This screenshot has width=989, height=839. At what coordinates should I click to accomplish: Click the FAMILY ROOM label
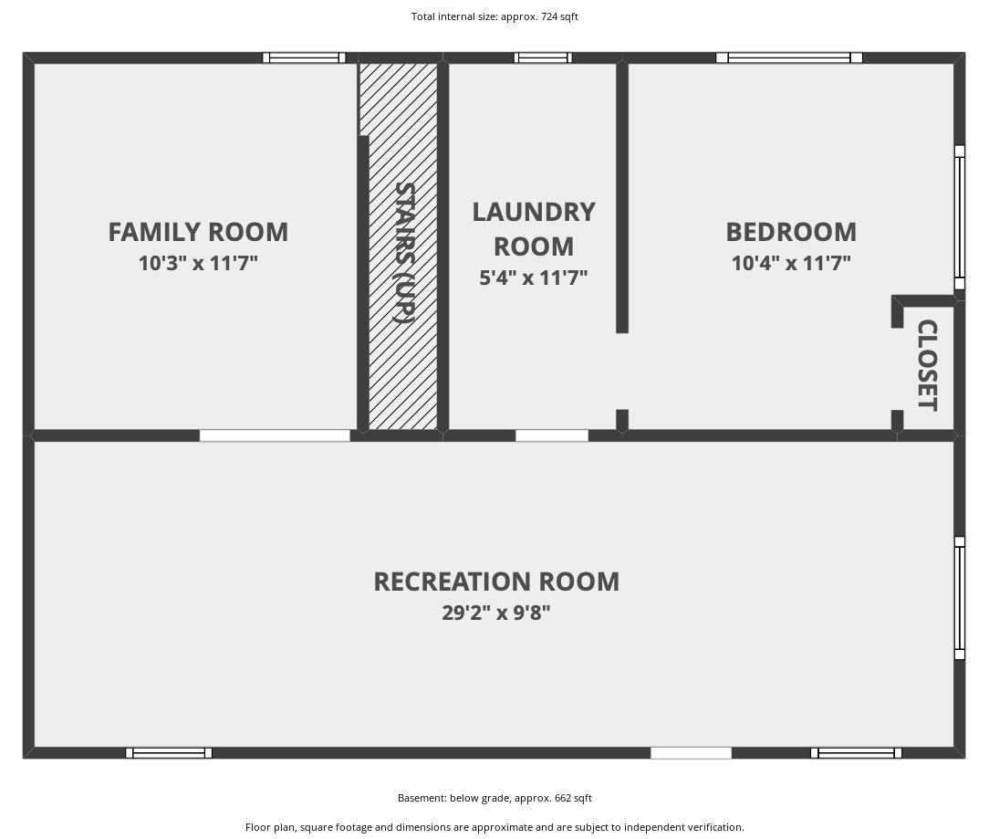pos(198,232)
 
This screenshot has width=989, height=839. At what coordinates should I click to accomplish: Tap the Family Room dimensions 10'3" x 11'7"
pos(198,263)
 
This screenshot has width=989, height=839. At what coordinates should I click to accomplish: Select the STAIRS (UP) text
pos(404,253)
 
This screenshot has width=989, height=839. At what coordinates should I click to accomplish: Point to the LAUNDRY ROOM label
pos(534,228)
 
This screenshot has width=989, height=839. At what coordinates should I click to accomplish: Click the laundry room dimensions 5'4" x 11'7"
pos(534,278)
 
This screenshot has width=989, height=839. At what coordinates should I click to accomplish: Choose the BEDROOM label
pos(791,232)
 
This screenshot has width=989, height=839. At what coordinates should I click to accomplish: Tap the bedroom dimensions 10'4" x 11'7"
pos(791,263)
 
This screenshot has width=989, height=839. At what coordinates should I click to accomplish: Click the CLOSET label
pos(927,365)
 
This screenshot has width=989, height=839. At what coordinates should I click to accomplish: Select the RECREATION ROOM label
pos(496,582)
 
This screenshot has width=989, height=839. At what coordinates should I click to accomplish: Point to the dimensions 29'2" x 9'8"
pos(496,613)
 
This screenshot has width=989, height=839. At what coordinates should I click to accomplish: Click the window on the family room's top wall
pos(304,58)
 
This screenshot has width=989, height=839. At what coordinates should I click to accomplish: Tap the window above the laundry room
pos(543,58)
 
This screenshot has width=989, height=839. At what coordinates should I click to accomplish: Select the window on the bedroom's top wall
pos(789,58)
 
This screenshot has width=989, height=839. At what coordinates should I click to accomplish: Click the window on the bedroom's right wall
pos(960,217)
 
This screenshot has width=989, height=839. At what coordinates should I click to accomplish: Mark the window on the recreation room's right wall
pos(960,598)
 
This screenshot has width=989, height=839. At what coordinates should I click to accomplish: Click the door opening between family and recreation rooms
pos(275,435)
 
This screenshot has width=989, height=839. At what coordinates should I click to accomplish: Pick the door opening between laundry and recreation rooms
pos(552,435)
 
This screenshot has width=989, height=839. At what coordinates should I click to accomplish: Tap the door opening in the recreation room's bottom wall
pos(691,752)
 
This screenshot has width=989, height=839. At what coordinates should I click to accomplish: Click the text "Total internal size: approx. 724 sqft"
pos(494,16)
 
